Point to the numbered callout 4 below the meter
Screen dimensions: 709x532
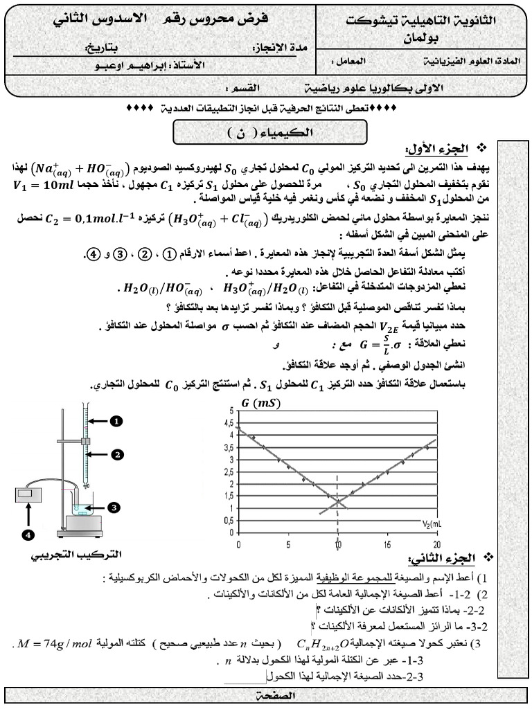click(28, 535)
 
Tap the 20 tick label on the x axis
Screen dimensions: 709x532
click(436, 544)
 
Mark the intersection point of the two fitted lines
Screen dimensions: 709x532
click(337, 501)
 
